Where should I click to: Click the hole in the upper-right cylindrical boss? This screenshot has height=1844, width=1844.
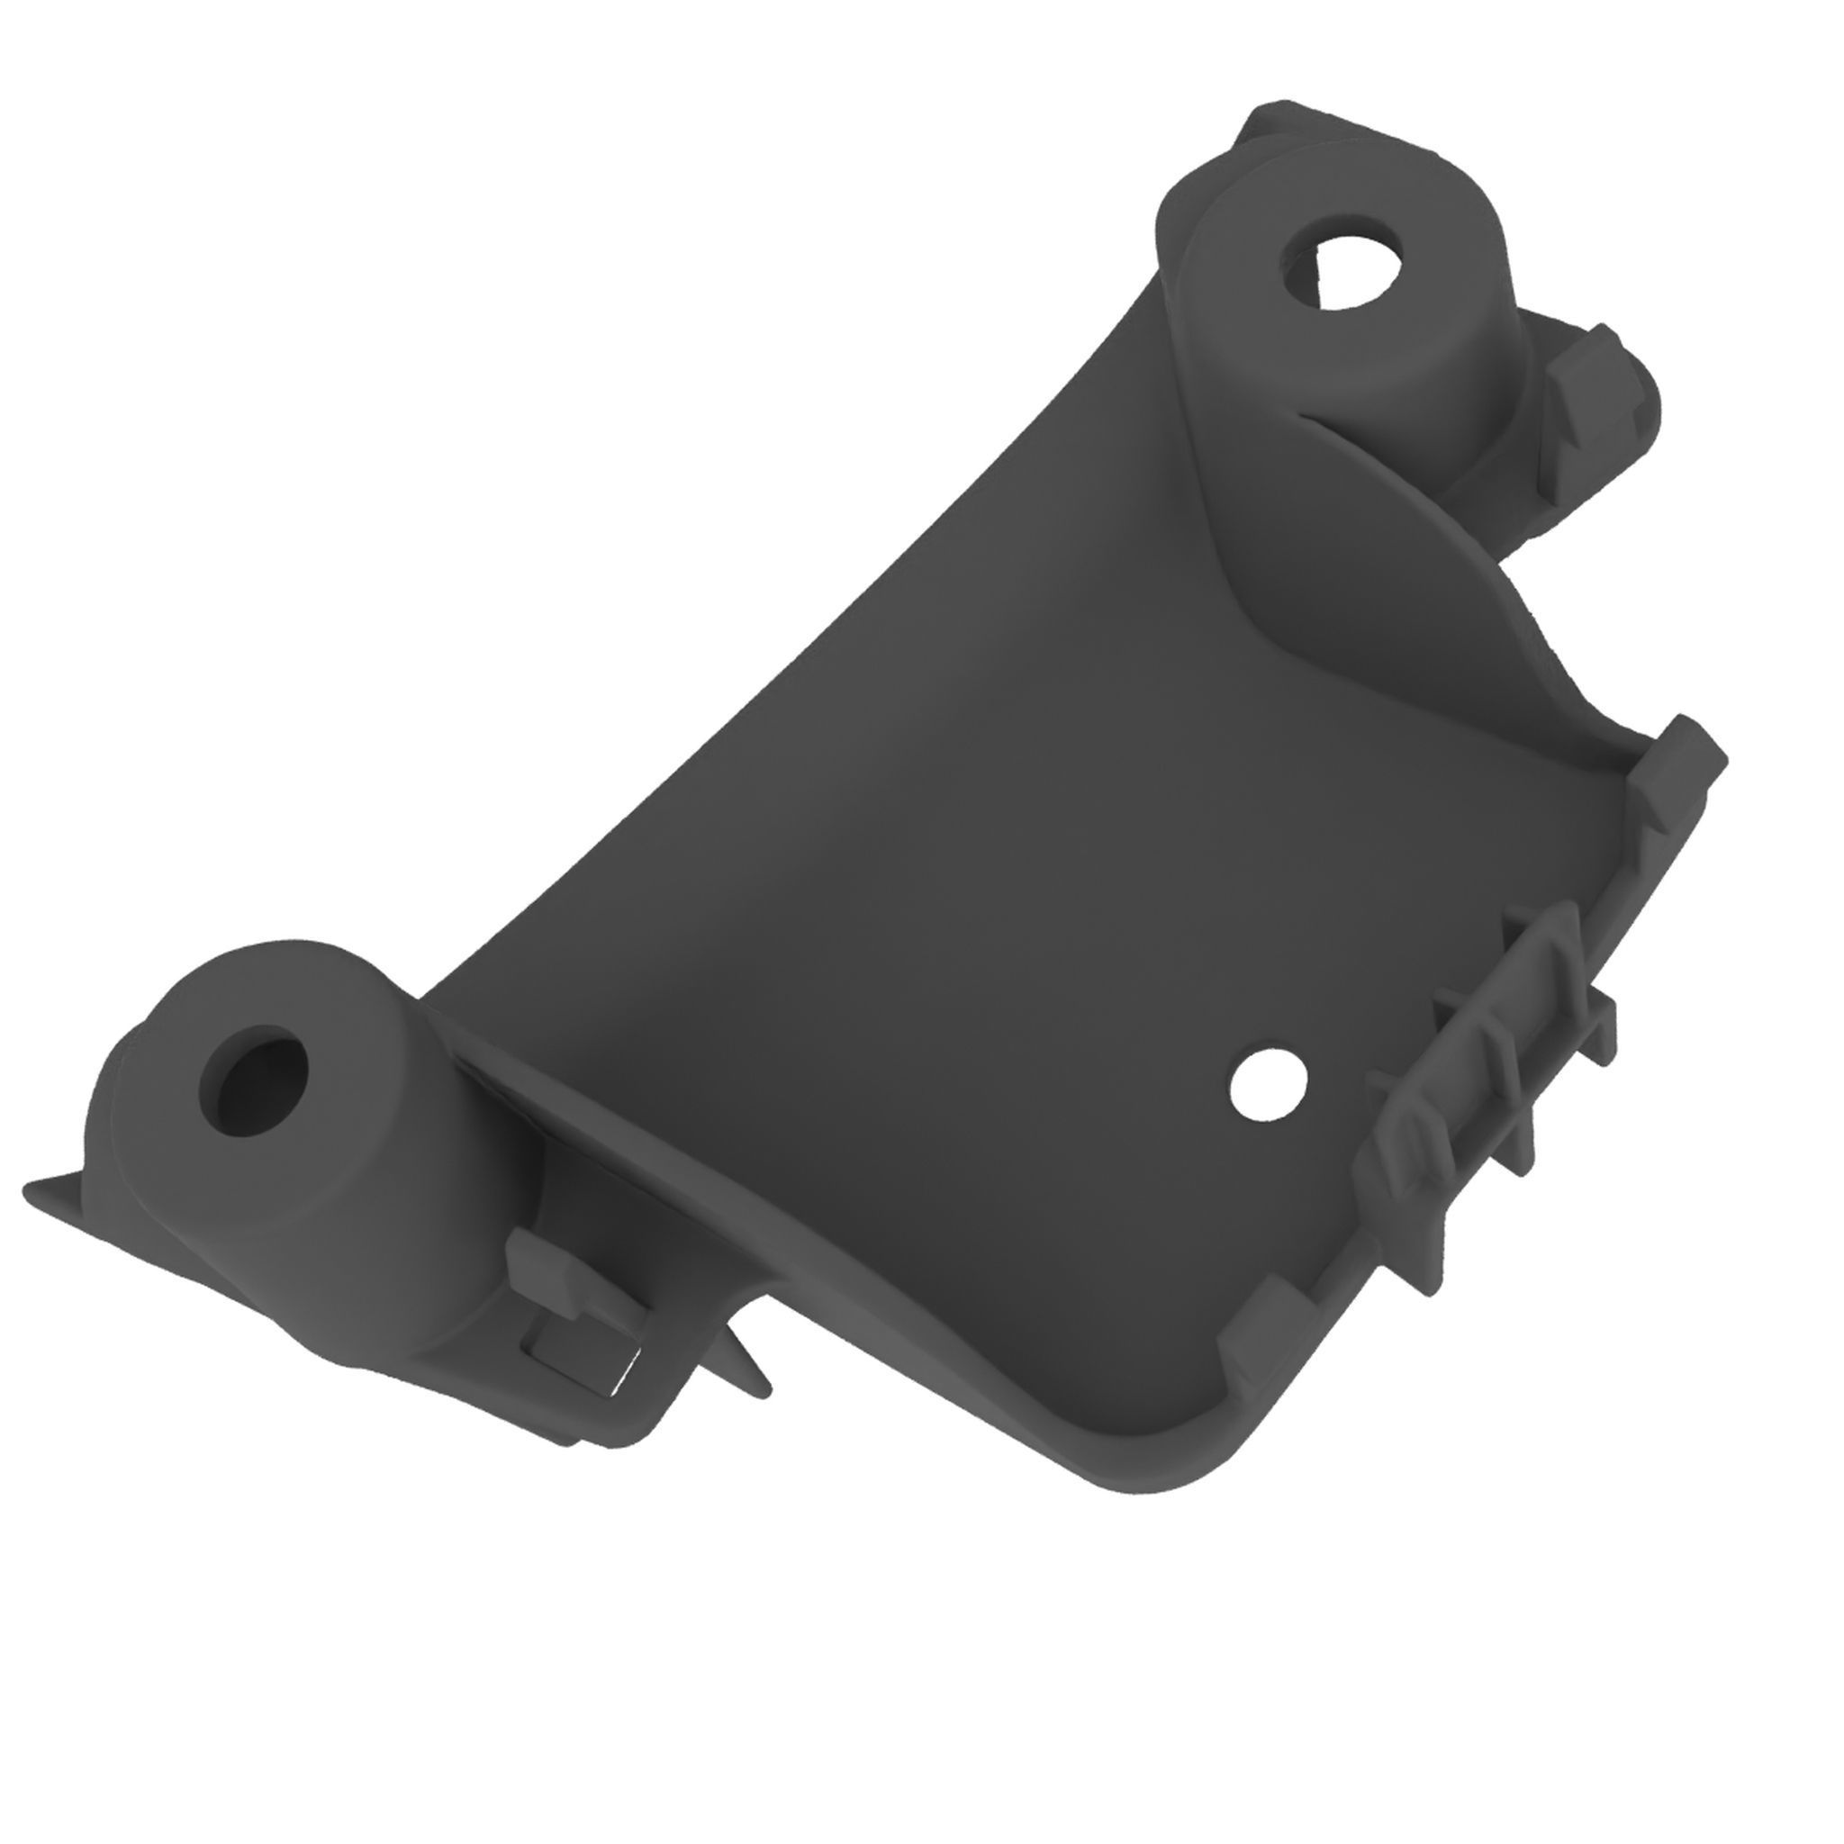[1344, 272]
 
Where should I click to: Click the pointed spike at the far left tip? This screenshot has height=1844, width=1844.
[38, 1192]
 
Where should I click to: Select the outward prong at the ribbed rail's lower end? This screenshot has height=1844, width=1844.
[1432, 1270]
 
